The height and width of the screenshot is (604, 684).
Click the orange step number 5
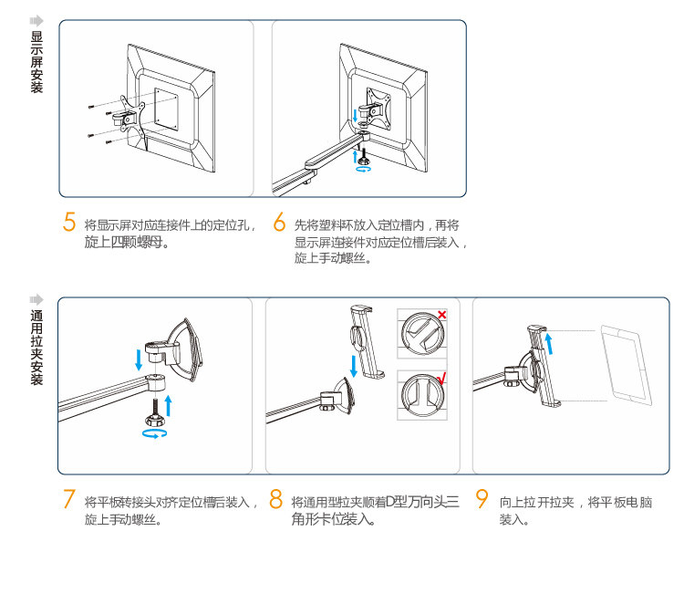[69, 223]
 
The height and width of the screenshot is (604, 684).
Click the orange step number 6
[280, 224]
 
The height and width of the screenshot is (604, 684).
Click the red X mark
[441, 315]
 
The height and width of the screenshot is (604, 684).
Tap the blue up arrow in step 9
[549, 344]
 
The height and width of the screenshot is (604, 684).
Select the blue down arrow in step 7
[139, 357]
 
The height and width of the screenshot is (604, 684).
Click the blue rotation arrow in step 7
[155, 435]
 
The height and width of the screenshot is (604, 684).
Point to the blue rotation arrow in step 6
[363, 169]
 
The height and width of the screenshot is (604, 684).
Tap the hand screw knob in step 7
[154, 419]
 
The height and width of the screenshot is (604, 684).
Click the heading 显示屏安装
[36, 62]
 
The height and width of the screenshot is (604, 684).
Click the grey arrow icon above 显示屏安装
[36, 20]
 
